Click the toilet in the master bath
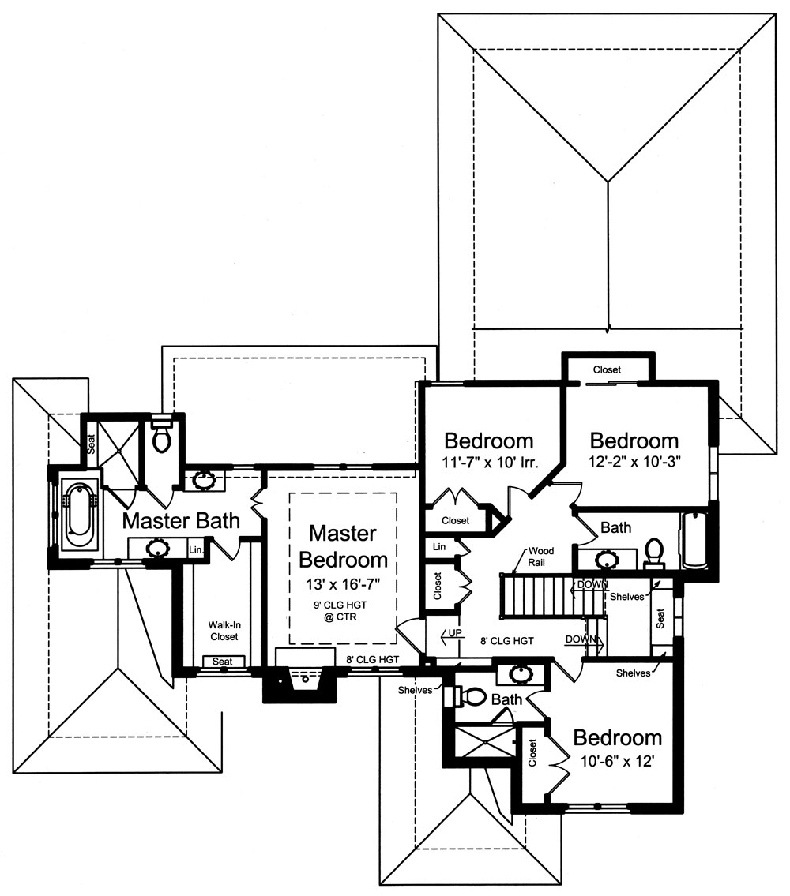click(x=161, y=437)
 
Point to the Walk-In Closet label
click(x=223, y=630)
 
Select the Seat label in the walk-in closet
click(x=223, y=661)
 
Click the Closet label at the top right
click(x=607, y=369)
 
